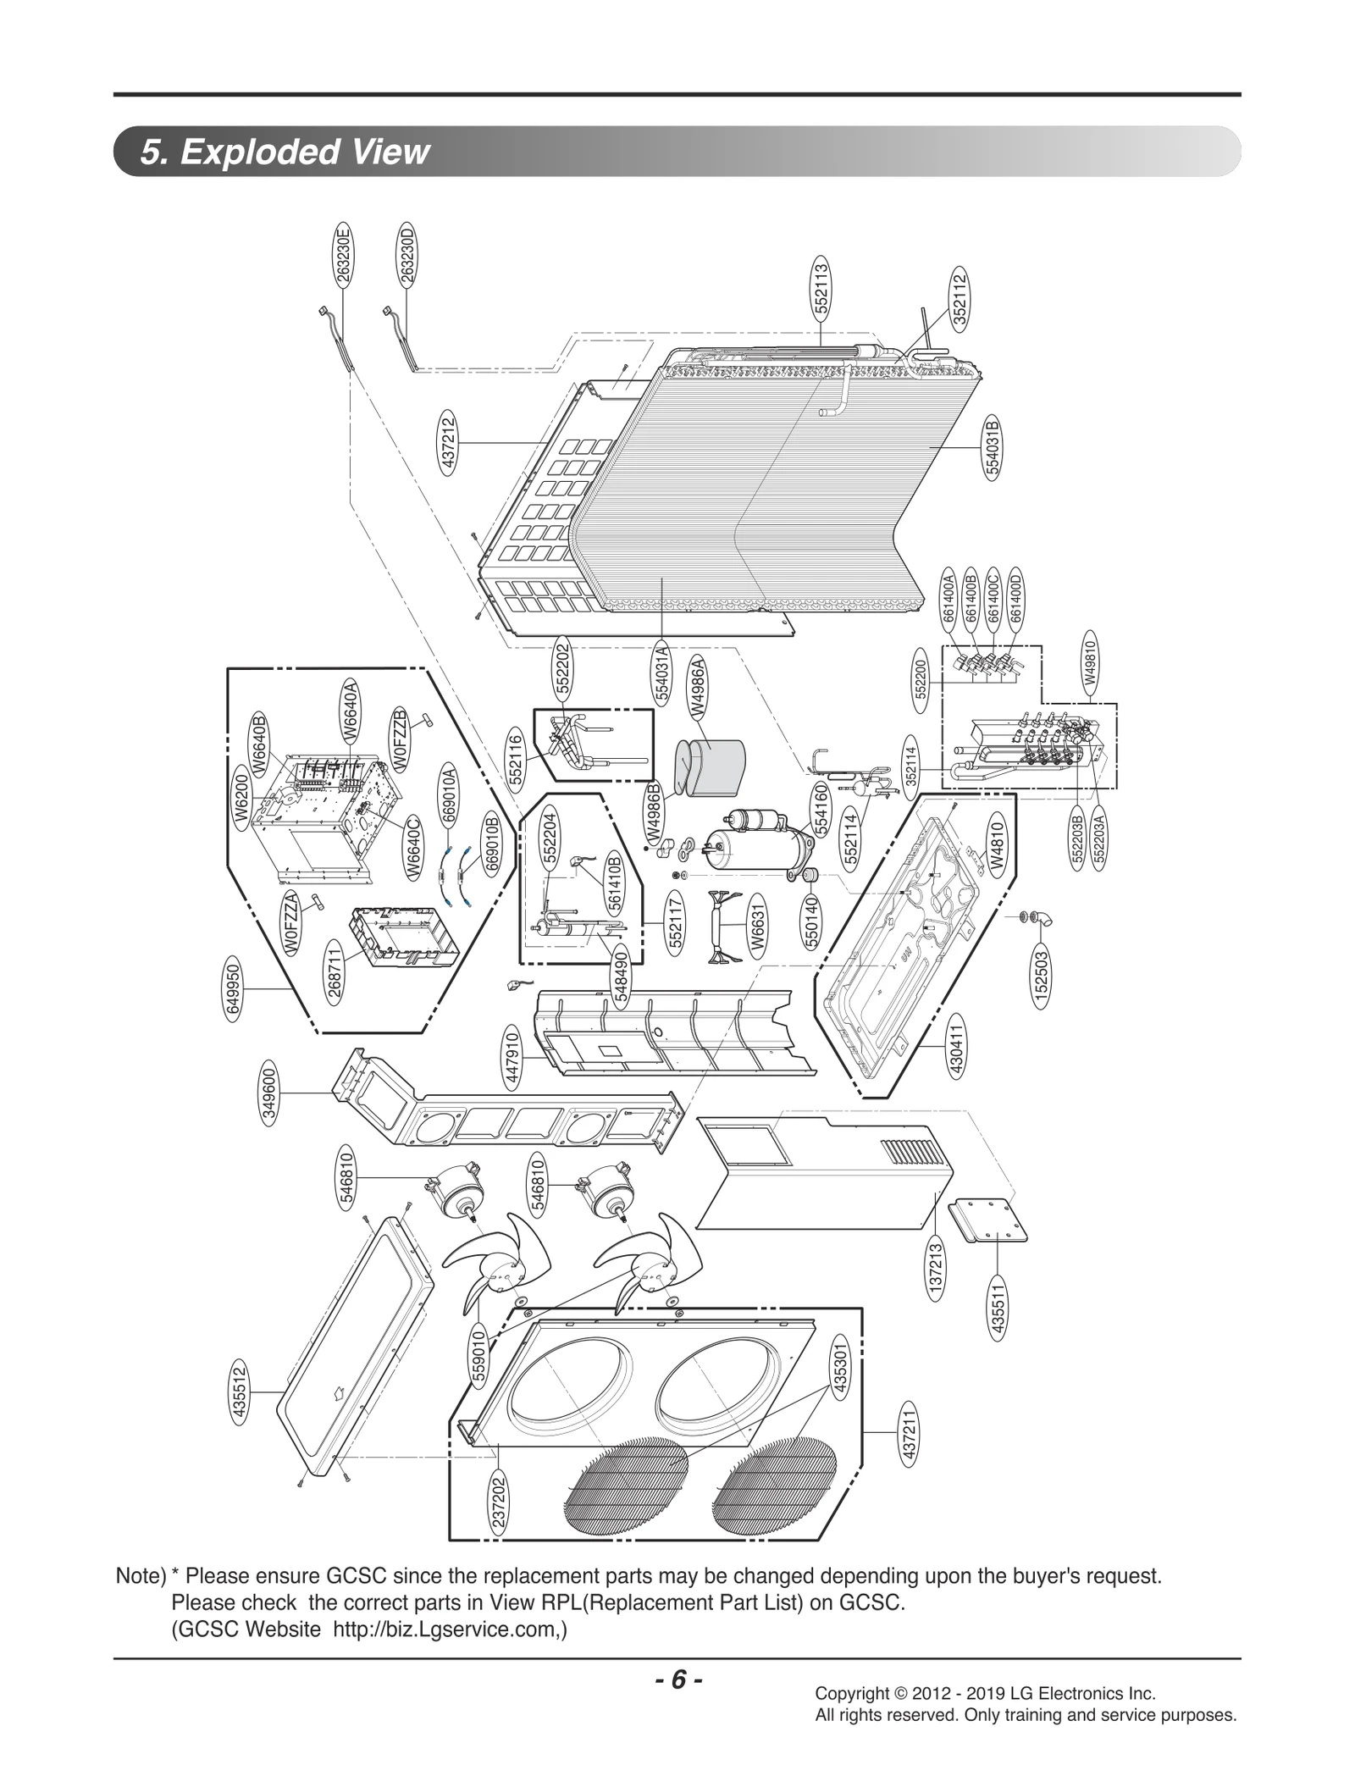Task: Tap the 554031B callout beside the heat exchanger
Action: pos(993,447)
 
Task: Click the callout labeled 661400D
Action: pos(1015,598)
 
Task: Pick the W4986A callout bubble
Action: pos(699,687)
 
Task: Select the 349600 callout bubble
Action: pos(270,1093)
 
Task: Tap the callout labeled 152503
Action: pos(1043,979)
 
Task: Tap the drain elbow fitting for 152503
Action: pos(1040,918)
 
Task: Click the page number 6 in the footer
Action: pos(677,1679)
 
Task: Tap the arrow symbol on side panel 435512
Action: pos(336,1390)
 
